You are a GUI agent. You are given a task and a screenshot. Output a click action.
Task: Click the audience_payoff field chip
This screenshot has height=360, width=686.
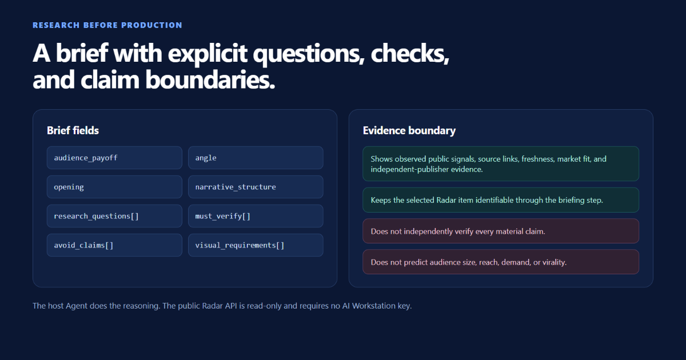coord(114,158)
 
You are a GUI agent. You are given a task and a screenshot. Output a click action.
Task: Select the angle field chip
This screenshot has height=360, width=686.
coord(256,158)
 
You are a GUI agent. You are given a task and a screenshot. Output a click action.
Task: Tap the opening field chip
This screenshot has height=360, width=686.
coord(114,187)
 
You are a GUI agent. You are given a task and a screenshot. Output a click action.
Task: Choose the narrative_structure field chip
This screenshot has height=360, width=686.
coord(256,187)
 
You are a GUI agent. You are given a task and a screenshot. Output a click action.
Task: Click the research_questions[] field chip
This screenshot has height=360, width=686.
coord(114,216)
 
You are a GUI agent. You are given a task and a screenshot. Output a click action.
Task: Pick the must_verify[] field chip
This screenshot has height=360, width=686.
coord(256,216)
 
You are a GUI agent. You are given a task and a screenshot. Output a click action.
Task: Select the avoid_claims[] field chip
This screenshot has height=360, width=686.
coord(114,245)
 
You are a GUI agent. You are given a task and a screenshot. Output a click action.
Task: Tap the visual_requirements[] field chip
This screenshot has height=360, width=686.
coord(256,245)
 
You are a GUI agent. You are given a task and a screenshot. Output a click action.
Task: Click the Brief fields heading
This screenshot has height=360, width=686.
coord(73,130)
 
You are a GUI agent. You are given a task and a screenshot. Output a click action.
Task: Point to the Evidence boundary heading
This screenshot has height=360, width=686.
coord(409,131)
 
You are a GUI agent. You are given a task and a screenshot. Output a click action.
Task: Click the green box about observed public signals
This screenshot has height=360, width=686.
coord(501,164)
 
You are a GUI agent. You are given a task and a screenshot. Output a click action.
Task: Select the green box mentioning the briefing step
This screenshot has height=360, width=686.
coord(501,200)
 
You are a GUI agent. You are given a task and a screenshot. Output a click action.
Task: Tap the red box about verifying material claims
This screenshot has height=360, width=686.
coord(501,231)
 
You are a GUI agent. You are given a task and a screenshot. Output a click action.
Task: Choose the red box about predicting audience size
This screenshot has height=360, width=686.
coord(501,262)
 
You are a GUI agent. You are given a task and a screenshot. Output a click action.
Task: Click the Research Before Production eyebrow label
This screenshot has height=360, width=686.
coord(107,25)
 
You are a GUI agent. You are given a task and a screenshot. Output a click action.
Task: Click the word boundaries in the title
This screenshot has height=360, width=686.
coord(210,79)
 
